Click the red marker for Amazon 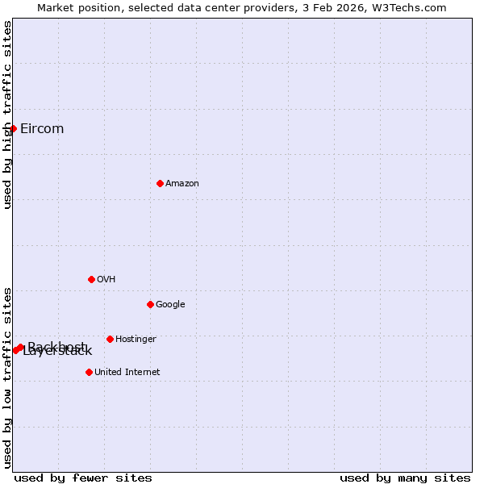pyautogui.click(x=160, y=183)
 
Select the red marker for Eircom pyautogui.click(x=13, y=128)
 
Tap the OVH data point pyautogui.click(x=91, y=279)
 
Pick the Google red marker pyautogui.click(x=150, y=304)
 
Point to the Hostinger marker pyautogui.click(x=110, y=339)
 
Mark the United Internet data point pyautogui.click(x=89, y=372)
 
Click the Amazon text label pyautogui.click(x=182, y=183)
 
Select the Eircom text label pyautogui.click(x=42, y=129)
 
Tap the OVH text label pyautogui.click(x=106, y=279)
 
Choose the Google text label pyautogui.click(x=170, y=304)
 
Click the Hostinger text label pyautogui.click(x=136, y=339)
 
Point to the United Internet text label pyautogui.click(x=127, y=372)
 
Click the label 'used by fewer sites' pyautogui.click(x=83, y=478)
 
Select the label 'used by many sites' pyautogui.click(x=405, y=478)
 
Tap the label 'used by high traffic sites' pyautogui.click(x=7, y=115)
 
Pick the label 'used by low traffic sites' pyautogui.click(x=7, y=377)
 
